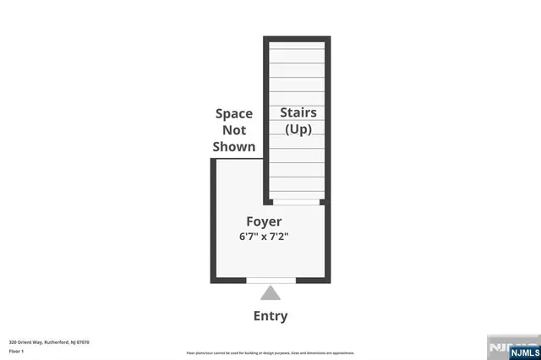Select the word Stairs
click(x=298, y=112)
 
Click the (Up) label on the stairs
click(x=298, y=129)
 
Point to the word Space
click(x=234, y=113)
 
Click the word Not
click(x=234, y=130)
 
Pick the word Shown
click(x=234, y=146)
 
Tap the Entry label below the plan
click(x=270, y=317)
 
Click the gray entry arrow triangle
click(x=270, y=294)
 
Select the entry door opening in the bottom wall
click(x=270, y=280)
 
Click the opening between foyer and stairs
click(x=296, y=202)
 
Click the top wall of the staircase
click(x=297, y=39)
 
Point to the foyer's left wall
click(x=213, y=220)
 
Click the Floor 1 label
click(x=17, y=351)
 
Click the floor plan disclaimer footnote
click(x=270, y=352)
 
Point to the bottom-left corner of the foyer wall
click(x=214, y=279)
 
